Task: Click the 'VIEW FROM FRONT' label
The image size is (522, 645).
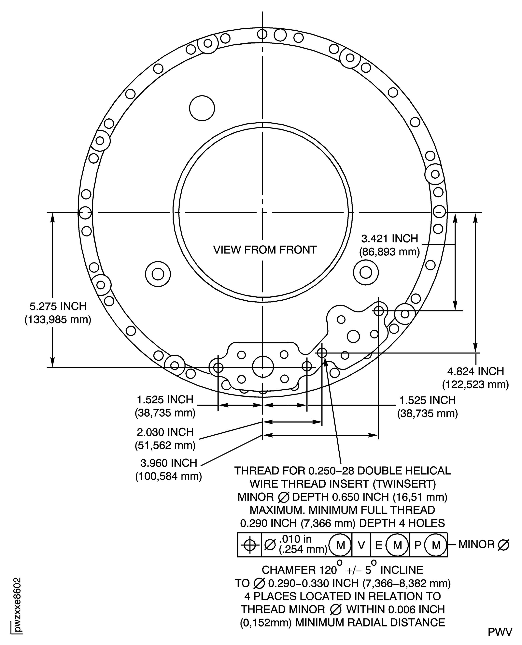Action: (x=265, y=250)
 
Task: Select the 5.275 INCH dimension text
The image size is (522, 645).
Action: (x=58, y=306)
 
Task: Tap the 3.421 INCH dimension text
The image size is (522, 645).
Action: (x=390, y=239)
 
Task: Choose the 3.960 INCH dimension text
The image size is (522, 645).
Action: (x=169, y=463)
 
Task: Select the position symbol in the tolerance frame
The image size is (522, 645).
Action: (x=249, y=545)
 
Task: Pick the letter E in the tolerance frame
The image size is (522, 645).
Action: (x=379, y=545)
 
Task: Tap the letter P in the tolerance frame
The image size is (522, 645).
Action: (x=418, y=545)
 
